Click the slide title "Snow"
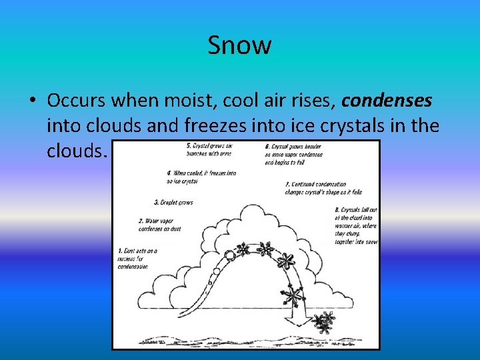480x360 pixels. pyautogui.click(x=239, y=45)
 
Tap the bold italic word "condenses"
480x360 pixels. pyautogui.click(x=387, y=101)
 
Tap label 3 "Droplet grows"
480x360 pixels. pyautogui.click(x=173, y=202)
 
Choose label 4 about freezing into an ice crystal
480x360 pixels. pyautogui.click(x=201, y=177)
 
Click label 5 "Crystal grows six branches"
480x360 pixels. pyautogui.click(x=211, y=150)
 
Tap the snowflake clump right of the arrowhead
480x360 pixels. pyautogui.click(x=325, y=323)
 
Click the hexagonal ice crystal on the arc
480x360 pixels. pyautogui.click(x=230, y=255)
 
